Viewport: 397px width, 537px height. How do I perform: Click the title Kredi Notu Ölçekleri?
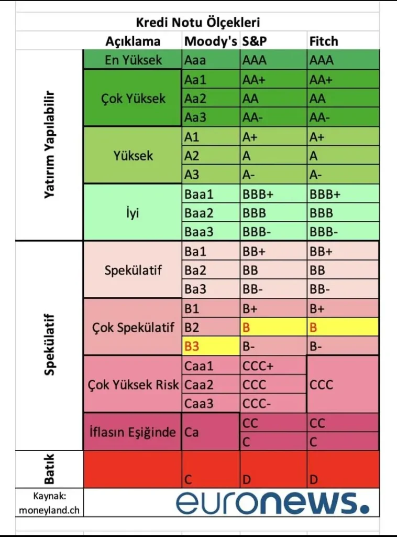coord(198,23)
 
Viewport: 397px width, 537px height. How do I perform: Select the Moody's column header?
coord(211,41)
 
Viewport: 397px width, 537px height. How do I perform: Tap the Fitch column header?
coord(324,41)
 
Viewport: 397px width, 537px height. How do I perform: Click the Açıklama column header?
coord(133,41)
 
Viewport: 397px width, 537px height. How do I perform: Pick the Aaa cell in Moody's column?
coord(195,60)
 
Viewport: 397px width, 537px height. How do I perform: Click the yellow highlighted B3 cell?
coord(192,346)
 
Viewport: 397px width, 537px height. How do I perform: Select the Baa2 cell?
coord(199,213)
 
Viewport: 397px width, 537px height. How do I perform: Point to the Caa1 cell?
coord(199,366)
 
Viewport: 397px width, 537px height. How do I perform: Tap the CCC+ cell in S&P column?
coord(258,366)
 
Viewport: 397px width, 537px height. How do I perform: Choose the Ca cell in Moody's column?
coord(192,433)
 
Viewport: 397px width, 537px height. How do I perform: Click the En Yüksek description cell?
coord(133,60)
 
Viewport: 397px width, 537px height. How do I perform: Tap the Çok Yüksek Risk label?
coord(133,385)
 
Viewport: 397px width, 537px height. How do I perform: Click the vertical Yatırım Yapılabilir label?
coord(50,146)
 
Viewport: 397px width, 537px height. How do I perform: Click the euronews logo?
coord(272,502)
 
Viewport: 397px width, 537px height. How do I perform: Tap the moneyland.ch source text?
coord(49,509)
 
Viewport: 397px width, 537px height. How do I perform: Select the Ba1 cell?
coord(195,251)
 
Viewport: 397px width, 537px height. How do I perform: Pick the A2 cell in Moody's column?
coord(192,155)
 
